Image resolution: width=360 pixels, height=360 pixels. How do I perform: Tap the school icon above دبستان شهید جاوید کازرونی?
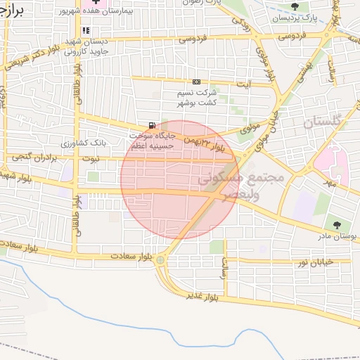86,30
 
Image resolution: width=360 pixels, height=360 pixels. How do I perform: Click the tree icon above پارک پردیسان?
304,6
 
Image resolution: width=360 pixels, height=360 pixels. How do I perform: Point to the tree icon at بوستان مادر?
337,225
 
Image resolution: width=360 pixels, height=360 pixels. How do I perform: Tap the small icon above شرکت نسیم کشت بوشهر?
195,82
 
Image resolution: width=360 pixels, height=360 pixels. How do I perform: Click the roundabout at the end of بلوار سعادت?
161,261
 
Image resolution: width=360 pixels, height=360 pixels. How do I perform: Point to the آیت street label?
244,85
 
